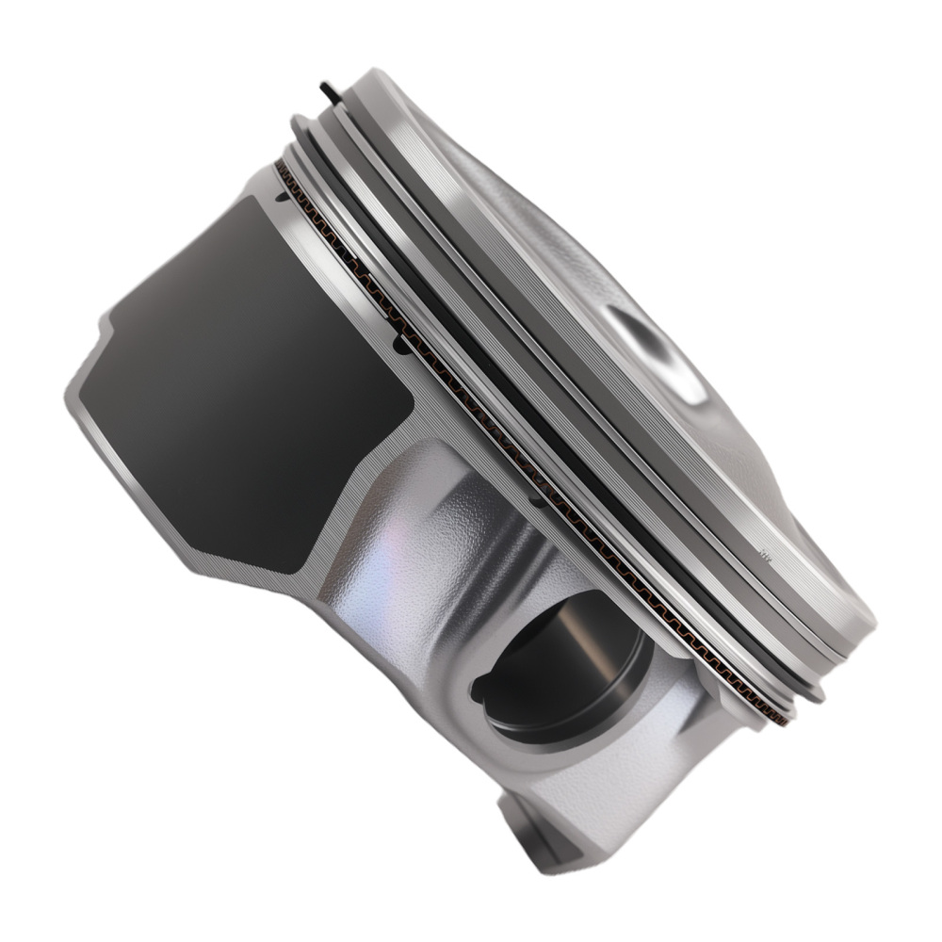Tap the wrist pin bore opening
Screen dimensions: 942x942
click(x=565, y=669)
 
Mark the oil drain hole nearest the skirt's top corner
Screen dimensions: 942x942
click(x=280, y=200)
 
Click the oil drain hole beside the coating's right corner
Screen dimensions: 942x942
click(x=402, y=347)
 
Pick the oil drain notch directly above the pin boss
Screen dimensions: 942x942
click(x=535, y=502)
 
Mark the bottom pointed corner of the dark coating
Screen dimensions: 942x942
click(x=287, y=565)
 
